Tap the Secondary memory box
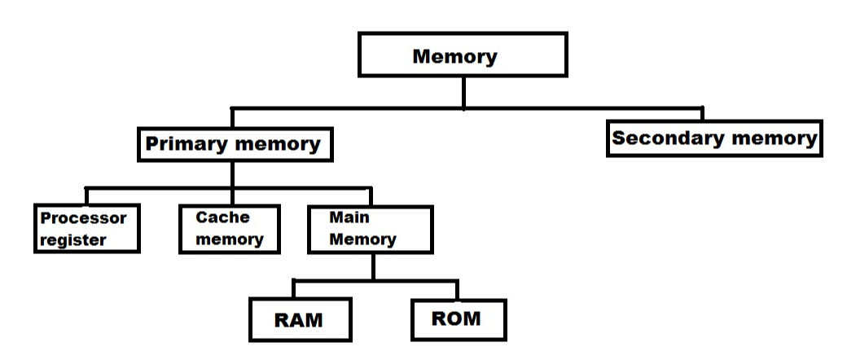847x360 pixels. (x=714, y=138)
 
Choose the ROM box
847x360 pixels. (x=457, y=318)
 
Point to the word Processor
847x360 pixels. (x=84, y=218)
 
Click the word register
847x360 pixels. (x=73, y=240)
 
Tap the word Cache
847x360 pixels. (x=222, y=217)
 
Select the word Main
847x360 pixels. (x=349, y=218)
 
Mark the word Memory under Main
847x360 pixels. (x=362, y=239)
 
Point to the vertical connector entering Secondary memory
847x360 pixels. (x=702, y=114)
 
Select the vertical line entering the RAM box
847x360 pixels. (x=294, y=290)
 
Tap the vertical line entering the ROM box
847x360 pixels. (x=457, y=290)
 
